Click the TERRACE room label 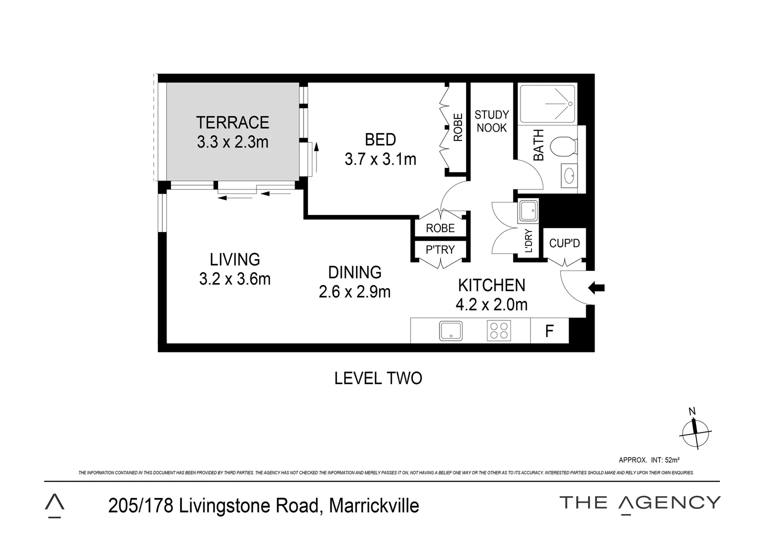point(232,122)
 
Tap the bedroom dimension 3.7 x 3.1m point(380,159)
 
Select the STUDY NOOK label point(491,121)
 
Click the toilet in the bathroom point(562,147)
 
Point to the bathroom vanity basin point(569,175)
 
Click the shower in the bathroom point(547,103)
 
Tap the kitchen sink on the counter point(450,331)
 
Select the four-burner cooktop point(498,331)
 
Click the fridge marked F point(549,331)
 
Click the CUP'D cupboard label point(564,243)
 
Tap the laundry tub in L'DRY point(527,210)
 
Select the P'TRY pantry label point(440,249)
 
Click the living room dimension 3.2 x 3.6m point(234,278)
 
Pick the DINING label point(354,272)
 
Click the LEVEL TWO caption point(378,378)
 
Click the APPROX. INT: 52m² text point(648,460)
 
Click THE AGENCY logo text point(639,502)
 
